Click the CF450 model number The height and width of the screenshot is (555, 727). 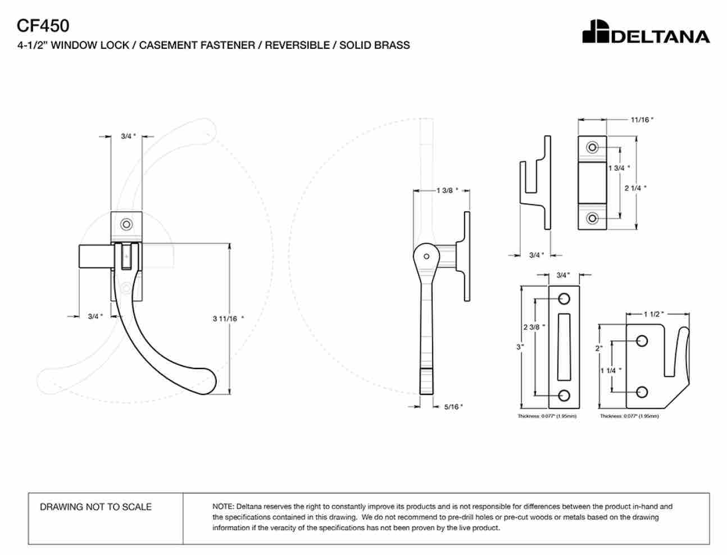[x=43, y=25]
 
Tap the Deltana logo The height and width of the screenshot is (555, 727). [x=646, y=31]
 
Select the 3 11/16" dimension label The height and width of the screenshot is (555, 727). [x=228, y=319]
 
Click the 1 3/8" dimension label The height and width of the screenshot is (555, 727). [x=447, y=190]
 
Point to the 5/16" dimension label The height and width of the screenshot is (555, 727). [x=453, y=407]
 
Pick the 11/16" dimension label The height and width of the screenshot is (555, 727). [x=642, y=120]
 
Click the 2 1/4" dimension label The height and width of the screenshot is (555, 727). [x=635, y=188]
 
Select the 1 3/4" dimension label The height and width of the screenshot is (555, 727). [x=619, y=168]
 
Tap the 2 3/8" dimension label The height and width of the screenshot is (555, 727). [x=534, y=327]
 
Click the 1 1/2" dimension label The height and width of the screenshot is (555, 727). [x=653, y=314]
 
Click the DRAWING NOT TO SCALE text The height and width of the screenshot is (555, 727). [x=96, y=507]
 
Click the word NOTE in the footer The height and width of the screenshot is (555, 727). [x=223, y=507]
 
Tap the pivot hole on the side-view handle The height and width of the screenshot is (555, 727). [x=426, y=256]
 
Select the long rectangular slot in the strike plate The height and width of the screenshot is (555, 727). [x=564, y=347]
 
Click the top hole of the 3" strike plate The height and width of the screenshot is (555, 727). [x=564, y=299]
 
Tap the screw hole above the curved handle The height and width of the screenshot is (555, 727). [x=126, y=224]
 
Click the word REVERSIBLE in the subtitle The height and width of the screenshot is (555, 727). [x=297, y=45]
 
